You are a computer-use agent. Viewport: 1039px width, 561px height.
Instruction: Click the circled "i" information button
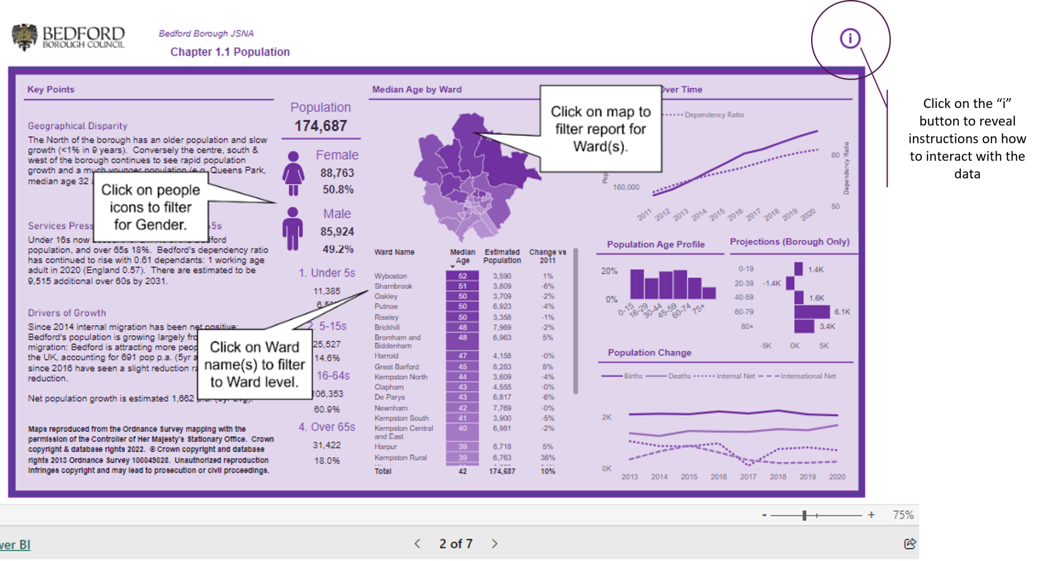(x=850, y=39)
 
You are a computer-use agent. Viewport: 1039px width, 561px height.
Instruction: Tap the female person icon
(x=293, y=173)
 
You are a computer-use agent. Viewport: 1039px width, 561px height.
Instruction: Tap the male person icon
(x=293, y=229)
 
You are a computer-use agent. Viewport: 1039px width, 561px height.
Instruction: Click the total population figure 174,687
(x=321, y=126)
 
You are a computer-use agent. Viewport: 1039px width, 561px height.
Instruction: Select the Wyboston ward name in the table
(x=391, y=276)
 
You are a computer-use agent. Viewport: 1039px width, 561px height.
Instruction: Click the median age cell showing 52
(x=462, y=276)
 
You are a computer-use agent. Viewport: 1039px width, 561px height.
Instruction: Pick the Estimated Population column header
(x=502, y=256)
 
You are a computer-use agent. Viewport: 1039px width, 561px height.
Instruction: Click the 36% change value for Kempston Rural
(x=548, y=457)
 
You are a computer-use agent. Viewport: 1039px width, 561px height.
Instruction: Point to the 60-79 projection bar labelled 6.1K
(x=812, y=312)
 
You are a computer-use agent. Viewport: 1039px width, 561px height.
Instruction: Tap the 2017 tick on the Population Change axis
(x=748, y=477)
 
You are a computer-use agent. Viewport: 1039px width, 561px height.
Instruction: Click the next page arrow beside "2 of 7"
(x=495, y=544)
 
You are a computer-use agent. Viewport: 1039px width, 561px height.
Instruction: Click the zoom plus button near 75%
(x=871, y=515)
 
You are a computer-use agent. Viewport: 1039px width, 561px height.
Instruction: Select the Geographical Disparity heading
(x=78, y=126)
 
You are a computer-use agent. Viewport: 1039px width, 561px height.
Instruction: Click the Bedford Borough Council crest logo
(x=24, y=37)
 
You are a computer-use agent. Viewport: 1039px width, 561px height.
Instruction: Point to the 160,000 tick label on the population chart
(x=626, y=187)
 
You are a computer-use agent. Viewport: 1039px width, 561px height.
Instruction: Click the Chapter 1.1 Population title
(x=230, y=52)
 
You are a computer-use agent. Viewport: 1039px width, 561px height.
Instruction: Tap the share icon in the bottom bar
(x=910, y=544)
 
